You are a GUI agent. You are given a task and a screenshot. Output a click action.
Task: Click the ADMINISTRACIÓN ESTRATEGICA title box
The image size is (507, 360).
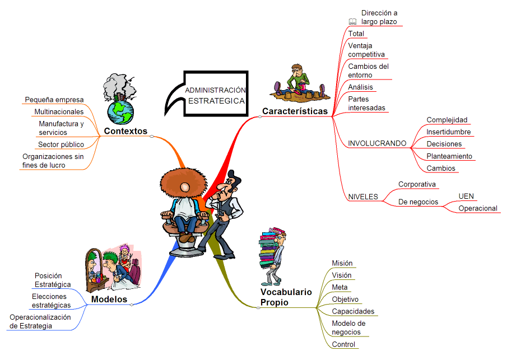[216, 93]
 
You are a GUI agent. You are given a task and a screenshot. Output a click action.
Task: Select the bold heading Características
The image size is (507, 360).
[295, 111]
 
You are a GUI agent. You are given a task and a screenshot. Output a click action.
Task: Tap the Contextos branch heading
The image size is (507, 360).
[125, 131]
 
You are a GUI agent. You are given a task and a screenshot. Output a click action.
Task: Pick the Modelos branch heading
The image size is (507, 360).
[109, 299]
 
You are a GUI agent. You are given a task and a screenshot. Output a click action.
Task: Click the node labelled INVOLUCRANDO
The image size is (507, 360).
[377, 143]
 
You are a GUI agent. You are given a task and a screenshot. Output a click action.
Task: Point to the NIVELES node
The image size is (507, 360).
[363, 197]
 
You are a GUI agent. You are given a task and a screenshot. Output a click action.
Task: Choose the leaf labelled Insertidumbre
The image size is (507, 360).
[449, 132]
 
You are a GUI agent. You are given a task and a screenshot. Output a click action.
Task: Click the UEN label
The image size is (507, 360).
[466, 196]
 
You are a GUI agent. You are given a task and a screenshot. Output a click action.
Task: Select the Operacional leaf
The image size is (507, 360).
[478, 208]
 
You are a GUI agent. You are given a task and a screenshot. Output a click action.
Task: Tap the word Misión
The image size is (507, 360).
[342, 263]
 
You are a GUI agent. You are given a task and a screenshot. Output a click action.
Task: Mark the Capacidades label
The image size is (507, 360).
[353, 311]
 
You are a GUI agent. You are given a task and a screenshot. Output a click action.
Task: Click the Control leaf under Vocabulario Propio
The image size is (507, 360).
[343, 344]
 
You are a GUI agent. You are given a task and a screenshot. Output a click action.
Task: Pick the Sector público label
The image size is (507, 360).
[61, 144]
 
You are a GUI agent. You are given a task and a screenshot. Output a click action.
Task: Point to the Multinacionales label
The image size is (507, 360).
[59, 111]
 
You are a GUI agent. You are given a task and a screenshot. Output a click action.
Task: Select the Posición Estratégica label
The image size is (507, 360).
[53, 280]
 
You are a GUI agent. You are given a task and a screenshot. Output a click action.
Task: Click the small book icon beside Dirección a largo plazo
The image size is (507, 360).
[352, 22]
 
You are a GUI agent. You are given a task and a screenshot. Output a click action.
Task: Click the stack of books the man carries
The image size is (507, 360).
[269, 247]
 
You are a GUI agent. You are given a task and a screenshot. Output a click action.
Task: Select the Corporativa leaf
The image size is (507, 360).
[417, 184]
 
